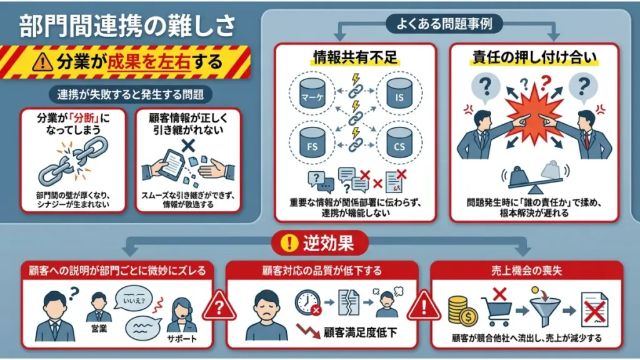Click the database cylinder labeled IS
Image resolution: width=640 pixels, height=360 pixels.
tap(399, 93)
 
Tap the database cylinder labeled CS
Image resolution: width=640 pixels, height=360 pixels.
tap(399, 142)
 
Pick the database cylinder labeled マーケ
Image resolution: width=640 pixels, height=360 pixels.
tap(312, 93)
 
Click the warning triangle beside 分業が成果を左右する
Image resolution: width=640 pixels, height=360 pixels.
tap(42, 62)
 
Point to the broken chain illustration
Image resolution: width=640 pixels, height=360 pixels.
tap(74, 161)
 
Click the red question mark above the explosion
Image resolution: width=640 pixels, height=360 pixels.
tap(545, 83)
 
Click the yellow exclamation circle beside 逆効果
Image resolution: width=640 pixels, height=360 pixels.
tap(289, 243)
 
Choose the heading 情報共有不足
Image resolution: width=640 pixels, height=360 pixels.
tap(355, 57)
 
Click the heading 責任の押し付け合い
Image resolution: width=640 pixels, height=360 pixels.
tap(534, 57)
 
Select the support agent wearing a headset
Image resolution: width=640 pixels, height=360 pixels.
tap(182, 315)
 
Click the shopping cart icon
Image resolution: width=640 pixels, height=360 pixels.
tap(496, 311)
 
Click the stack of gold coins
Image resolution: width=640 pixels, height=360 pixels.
tap(462, 311)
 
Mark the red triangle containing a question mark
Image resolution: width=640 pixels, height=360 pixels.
tap(219, 306)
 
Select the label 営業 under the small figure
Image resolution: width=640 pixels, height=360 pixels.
tap(99, 329)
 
